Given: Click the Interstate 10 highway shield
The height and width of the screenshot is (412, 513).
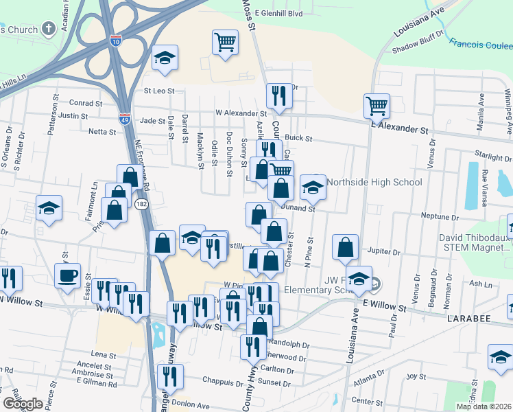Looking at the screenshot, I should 117,41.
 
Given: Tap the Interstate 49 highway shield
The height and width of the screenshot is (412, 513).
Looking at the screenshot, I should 124,119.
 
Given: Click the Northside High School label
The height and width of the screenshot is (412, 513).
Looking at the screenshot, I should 374,182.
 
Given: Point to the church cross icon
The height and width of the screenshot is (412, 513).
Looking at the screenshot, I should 49,29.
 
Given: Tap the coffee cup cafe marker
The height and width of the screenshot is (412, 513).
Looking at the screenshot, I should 67,276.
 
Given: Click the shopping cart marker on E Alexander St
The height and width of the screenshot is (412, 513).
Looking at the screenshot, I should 377,106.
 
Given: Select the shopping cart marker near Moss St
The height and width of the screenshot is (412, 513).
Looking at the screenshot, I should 225,42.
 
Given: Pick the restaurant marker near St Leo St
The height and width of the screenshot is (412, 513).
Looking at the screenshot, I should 278,95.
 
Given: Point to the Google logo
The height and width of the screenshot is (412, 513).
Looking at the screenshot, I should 23,404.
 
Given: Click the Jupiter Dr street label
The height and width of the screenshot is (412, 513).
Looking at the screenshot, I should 383,252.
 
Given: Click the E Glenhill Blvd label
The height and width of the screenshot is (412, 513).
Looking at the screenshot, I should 278,13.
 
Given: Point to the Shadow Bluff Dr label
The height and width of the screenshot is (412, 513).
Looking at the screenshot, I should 414,46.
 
